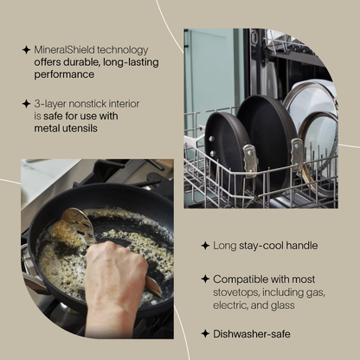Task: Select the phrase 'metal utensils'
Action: click(x=66, y=129)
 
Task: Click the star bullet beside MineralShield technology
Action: click(x=26, y=50)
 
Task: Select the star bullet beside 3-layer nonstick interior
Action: click(x=26, y=104)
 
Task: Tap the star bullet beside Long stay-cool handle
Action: click(x=205, y=246)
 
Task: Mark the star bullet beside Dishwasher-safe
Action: click(x=205, y=333)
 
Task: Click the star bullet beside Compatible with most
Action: click(x=205, y=279)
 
